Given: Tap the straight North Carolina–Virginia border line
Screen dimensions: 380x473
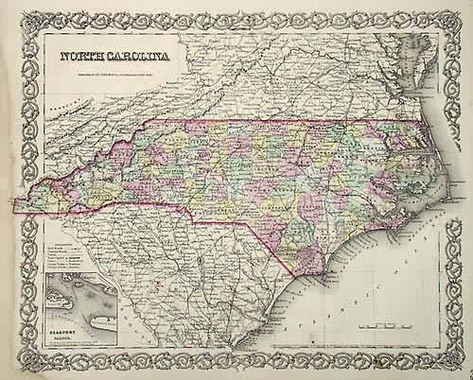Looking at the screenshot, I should (284, 123).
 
